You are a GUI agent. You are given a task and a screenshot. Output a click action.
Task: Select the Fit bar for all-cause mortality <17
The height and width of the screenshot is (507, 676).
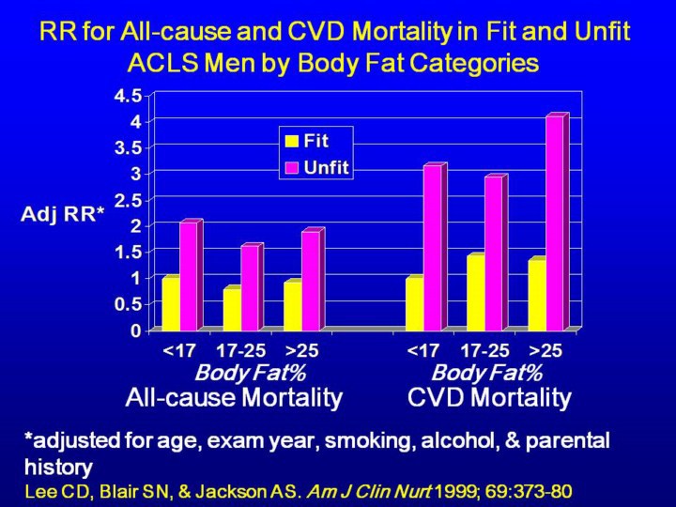[169, 304]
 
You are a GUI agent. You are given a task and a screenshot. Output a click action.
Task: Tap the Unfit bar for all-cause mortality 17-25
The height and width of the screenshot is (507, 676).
[249, 288]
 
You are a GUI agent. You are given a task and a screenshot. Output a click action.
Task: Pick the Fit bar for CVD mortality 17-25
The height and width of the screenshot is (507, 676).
[474, 293]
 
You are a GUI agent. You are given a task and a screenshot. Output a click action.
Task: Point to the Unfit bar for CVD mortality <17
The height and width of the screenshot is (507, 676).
[432, 248]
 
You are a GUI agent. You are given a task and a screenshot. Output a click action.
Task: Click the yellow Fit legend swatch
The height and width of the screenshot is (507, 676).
[292, 142]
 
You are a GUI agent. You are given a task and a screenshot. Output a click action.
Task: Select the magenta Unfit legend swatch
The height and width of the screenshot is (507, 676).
[292, 167]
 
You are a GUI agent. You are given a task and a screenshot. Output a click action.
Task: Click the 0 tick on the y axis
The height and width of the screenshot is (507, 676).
[136, 330]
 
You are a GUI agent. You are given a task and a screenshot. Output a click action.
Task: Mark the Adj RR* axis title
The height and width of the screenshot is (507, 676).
[63, 214]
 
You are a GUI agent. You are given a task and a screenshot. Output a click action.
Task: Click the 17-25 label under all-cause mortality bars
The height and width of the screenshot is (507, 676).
[241, 351]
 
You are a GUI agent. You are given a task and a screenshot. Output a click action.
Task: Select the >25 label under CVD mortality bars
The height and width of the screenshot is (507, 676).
[545, 351]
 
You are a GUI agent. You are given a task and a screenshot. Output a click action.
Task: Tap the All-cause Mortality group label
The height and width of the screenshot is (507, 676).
[234, 397]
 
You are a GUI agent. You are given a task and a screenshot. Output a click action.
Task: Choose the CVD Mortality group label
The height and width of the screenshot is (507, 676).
[489, 397]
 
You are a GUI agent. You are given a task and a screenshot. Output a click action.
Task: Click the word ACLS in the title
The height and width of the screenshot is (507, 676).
[164, 64]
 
